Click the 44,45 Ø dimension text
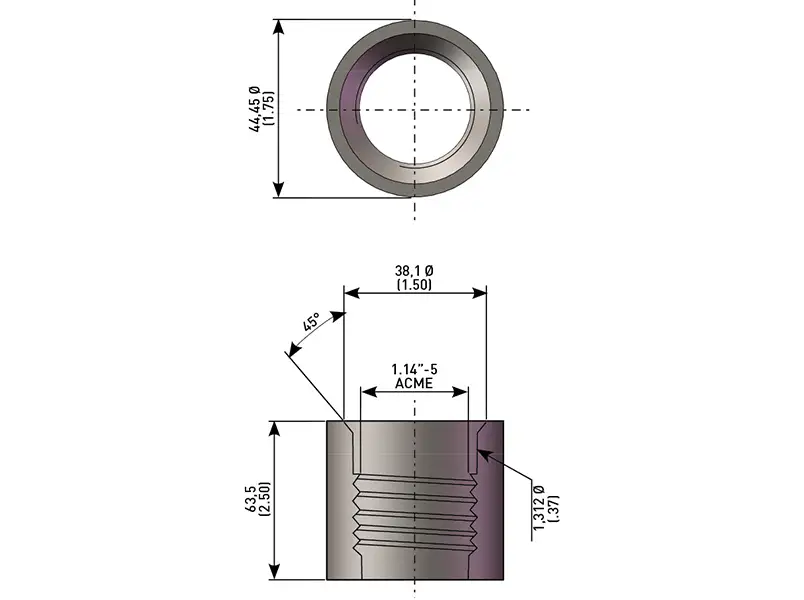click(x=255, y=109)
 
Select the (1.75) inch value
click(x=269, y=108)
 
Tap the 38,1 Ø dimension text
click(x=414, y=270)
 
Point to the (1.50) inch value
click(x=414, y=285)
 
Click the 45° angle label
click(x=311, y=323)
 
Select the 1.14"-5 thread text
click(x=414, y=369)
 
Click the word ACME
click(x=414, y=384)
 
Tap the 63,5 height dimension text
click(x=251, y=498)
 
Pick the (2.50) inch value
click(x=265, y=499)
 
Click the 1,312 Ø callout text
click(x=539, y=507)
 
